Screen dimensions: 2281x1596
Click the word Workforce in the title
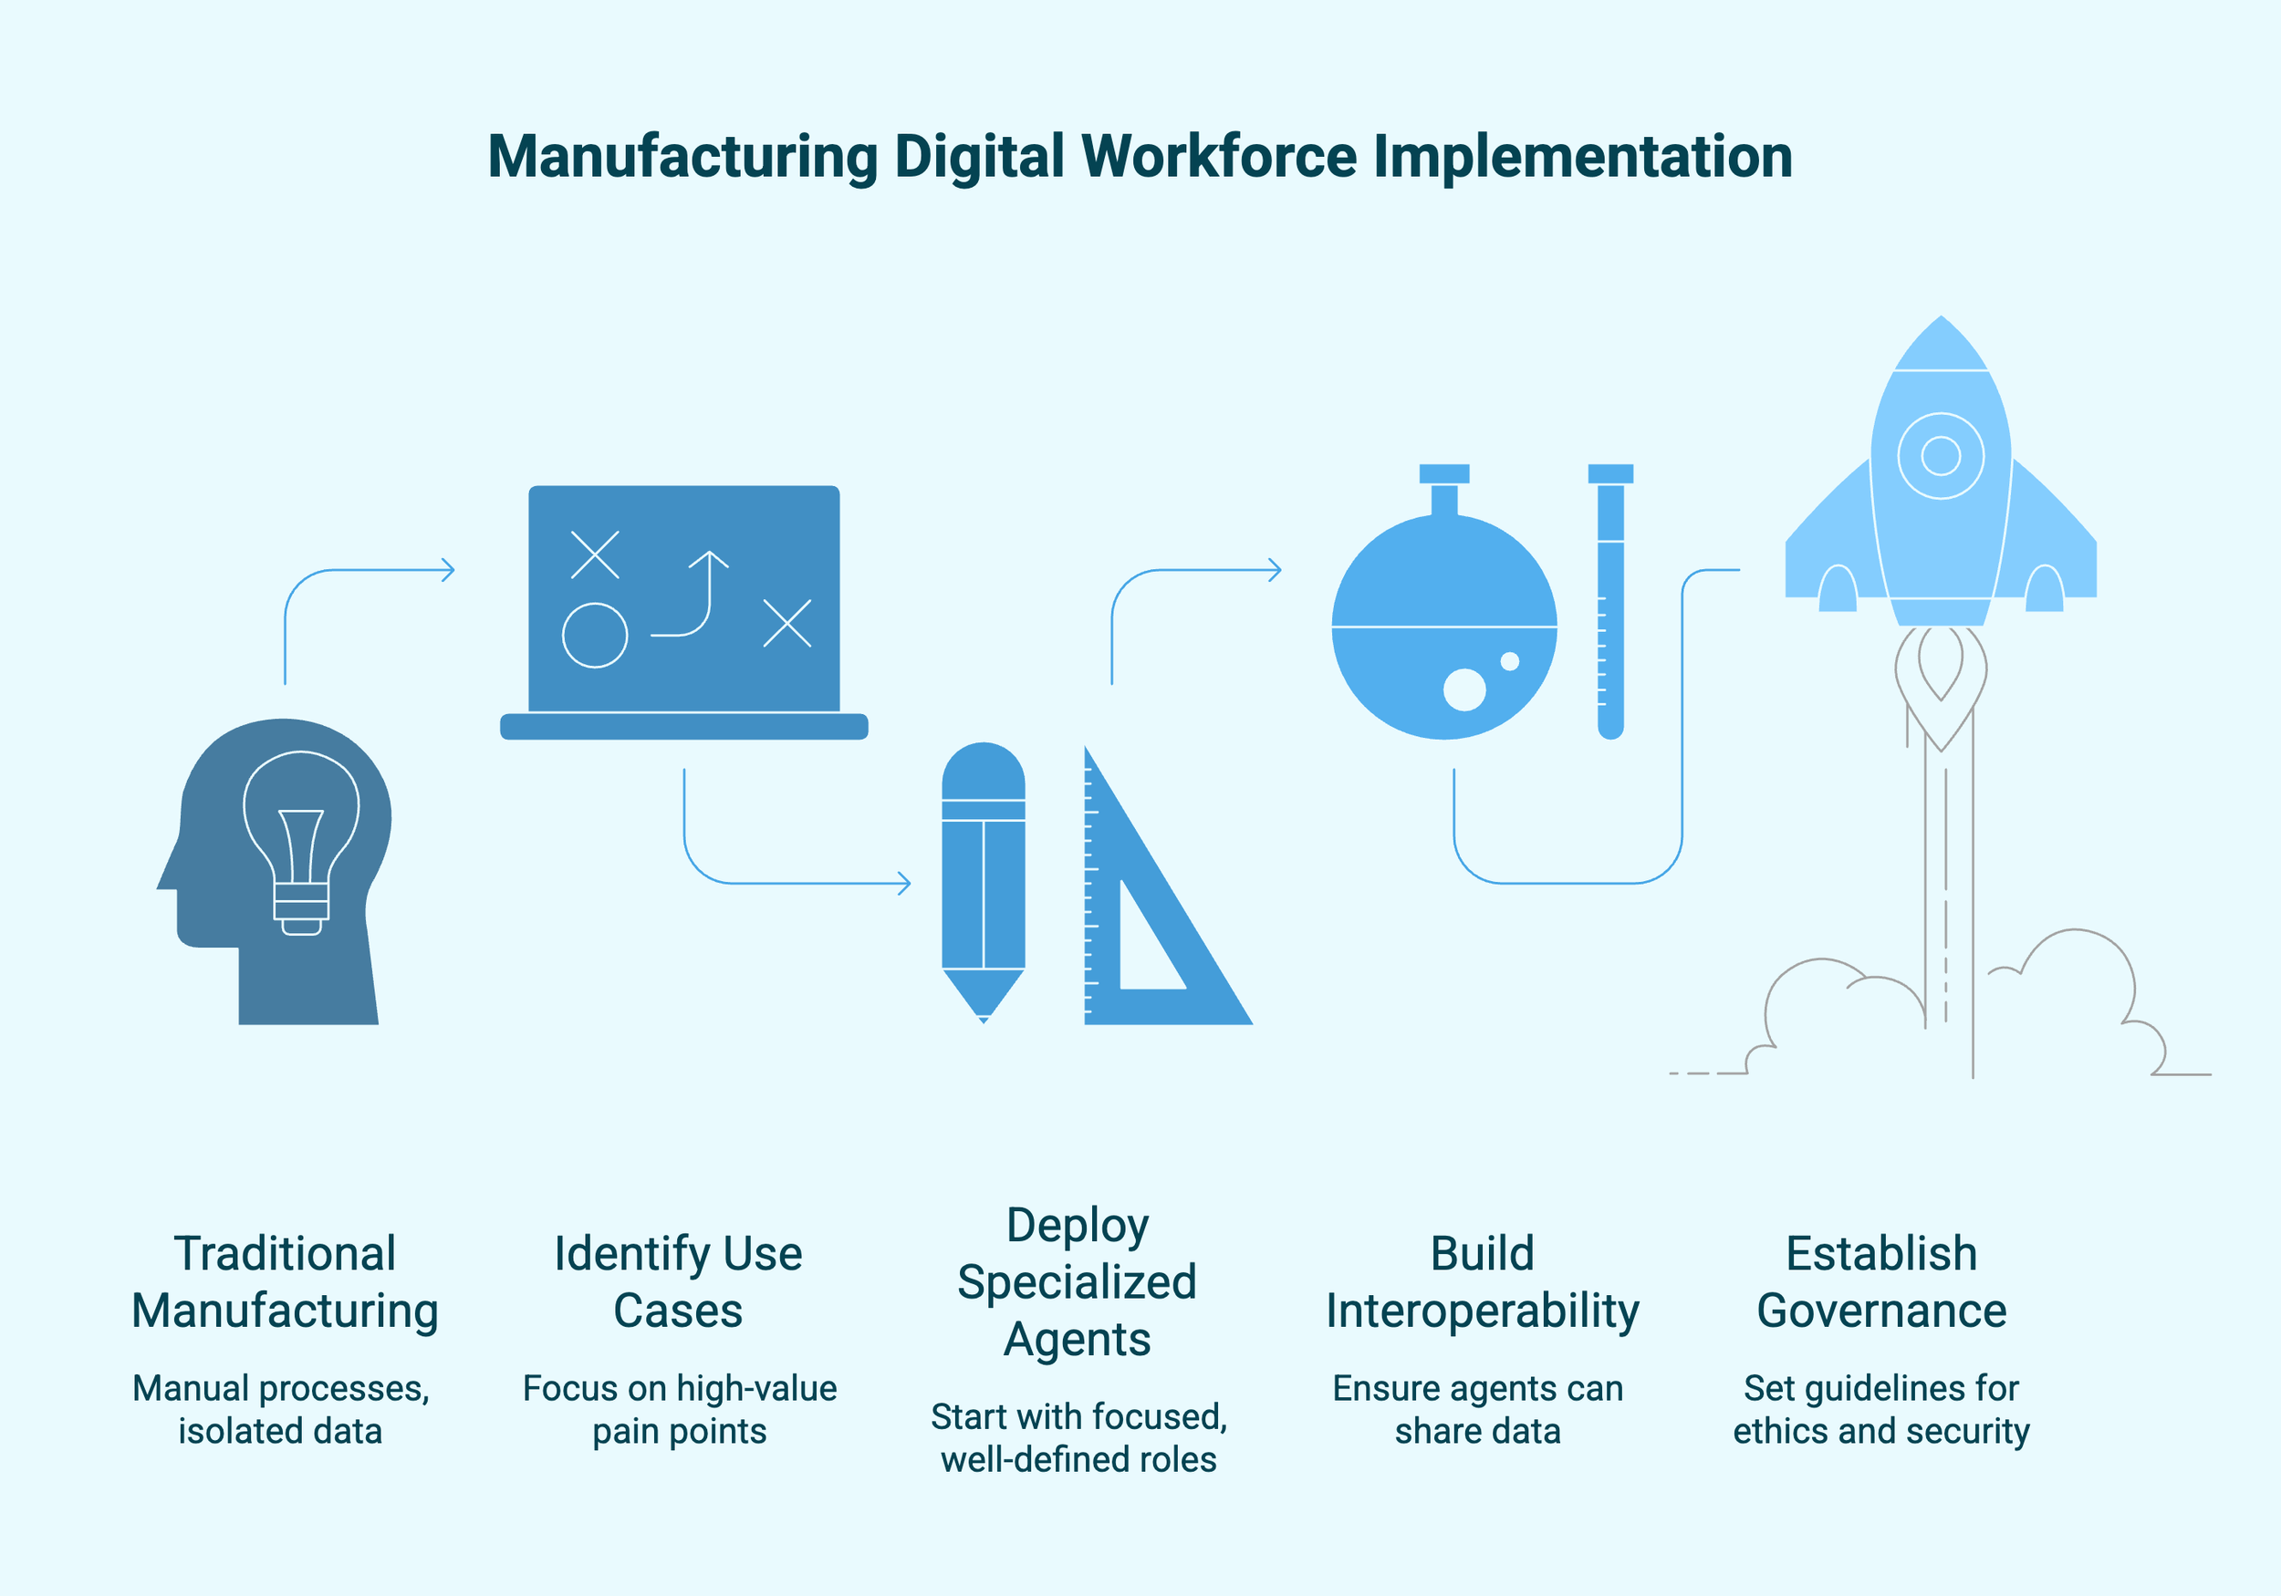[1218, 157]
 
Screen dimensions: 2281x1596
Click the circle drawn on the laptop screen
[594, 636]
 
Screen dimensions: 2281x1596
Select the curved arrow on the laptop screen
[693, 596]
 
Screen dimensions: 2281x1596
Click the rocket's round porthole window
[1941, 456]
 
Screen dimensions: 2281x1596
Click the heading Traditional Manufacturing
[285, 1281]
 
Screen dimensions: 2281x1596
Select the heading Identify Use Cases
[679, 1281]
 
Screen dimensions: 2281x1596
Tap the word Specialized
[1077, 1282]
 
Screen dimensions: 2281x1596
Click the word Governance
[1881, 1310]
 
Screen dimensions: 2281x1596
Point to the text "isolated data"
[280, 1431]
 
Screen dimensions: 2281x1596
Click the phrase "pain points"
[680, 1431]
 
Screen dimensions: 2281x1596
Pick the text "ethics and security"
[1881, 1431]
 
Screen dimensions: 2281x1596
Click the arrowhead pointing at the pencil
[904, 882]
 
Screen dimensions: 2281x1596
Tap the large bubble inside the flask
[1463, 689]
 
